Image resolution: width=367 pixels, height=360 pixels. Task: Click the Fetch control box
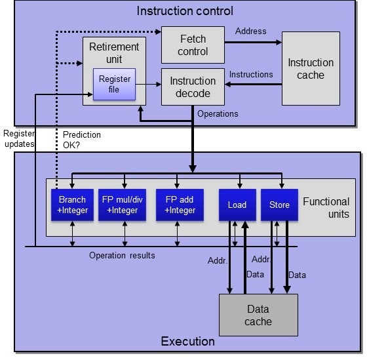click(193, 45)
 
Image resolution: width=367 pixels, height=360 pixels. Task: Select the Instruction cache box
click(311, 68)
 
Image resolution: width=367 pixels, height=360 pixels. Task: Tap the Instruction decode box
click(193, 87)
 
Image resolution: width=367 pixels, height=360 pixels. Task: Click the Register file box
click(114, 85)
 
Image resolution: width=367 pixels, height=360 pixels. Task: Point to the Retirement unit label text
click(114, 52)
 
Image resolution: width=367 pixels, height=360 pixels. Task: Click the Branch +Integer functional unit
click(72, 205)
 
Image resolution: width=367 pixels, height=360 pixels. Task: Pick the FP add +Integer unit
click(176, 205)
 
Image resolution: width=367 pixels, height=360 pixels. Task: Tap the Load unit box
click(237, 205)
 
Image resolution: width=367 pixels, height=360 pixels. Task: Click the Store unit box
click(279, 205)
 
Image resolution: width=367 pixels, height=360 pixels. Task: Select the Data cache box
click(258, 315)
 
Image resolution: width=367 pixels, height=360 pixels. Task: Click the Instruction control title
click(184, 11)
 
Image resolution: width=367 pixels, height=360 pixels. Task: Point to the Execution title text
click(187, 341)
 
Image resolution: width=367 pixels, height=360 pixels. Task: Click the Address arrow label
click(250, 31)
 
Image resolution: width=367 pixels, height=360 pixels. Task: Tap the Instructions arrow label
click(251, 74)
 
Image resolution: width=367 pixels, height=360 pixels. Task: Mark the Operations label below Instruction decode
click(218, 114)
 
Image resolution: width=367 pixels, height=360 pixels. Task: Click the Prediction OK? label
click(82, 140)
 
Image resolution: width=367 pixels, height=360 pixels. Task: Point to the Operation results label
click(122, 255)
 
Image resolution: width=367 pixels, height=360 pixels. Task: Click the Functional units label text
click(326, 208)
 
